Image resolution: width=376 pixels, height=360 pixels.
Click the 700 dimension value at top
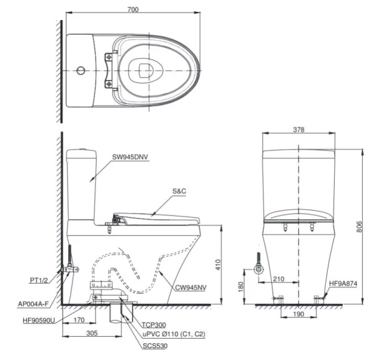pos(133,9)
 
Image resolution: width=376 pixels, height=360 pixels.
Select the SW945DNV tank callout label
pos(130,157)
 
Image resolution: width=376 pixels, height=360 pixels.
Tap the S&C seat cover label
pos(179,191)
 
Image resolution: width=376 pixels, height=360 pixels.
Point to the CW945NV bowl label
pos(191,287)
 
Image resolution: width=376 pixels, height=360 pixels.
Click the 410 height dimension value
pos(217,265)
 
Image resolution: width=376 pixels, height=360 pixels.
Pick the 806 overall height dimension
pos(359,227)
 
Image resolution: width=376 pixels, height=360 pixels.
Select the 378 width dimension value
pos(298,130)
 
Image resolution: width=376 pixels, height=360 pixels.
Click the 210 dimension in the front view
pos(279,279)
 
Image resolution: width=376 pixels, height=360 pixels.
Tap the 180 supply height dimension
pos(241,287)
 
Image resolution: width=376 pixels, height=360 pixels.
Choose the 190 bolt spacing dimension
pos(298,314)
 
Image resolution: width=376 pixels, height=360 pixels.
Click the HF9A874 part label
pos(343,284)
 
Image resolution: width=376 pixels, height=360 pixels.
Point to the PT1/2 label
pos(39,280)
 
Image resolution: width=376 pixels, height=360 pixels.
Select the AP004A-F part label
pos(33,304)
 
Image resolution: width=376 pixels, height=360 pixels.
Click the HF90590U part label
pos(39,320)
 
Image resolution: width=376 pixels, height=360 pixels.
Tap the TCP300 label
pos(154,325)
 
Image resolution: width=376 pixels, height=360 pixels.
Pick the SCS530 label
pos(155,346)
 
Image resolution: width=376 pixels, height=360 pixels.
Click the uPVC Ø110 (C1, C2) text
pos(174,334)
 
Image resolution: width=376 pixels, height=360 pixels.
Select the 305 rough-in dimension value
pos(92,333)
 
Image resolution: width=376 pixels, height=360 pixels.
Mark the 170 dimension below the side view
pos(79,320)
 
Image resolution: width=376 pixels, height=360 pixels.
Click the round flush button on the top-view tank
pos(81,71)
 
